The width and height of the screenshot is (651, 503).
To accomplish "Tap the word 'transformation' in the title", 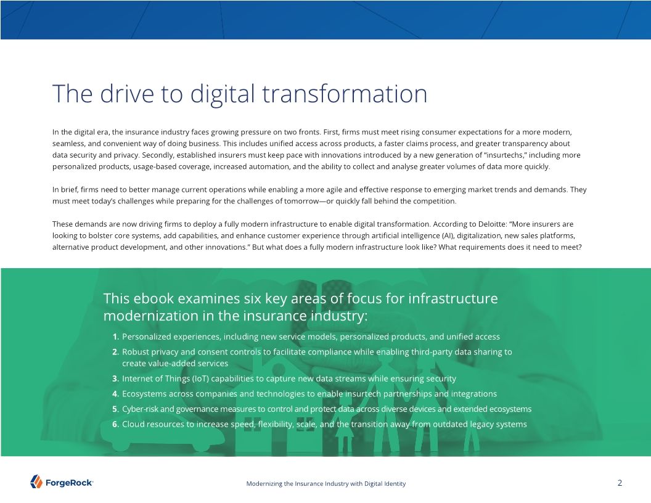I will pos(345,94).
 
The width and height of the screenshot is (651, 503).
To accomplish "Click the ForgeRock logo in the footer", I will pos(62,482).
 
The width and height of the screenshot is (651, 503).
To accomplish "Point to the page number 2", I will pos(620,483).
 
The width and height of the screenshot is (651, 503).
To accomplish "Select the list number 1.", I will pos(116,337).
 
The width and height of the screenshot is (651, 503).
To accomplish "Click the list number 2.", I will pos(116,352).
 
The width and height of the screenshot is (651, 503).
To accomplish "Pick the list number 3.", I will pos(116,378).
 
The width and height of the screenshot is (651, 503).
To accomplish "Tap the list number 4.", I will pos(116,394).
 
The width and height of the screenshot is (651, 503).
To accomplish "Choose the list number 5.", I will pos(116,409).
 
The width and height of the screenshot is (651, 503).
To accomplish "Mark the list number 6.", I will pos(116,424).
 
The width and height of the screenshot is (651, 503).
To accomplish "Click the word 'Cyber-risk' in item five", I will pos(140,409).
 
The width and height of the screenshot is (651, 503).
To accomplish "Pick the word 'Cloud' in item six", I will pos(133,424).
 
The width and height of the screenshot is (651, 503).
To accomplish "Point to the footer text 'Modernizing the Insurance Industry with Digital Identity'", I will pos(325,484).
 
